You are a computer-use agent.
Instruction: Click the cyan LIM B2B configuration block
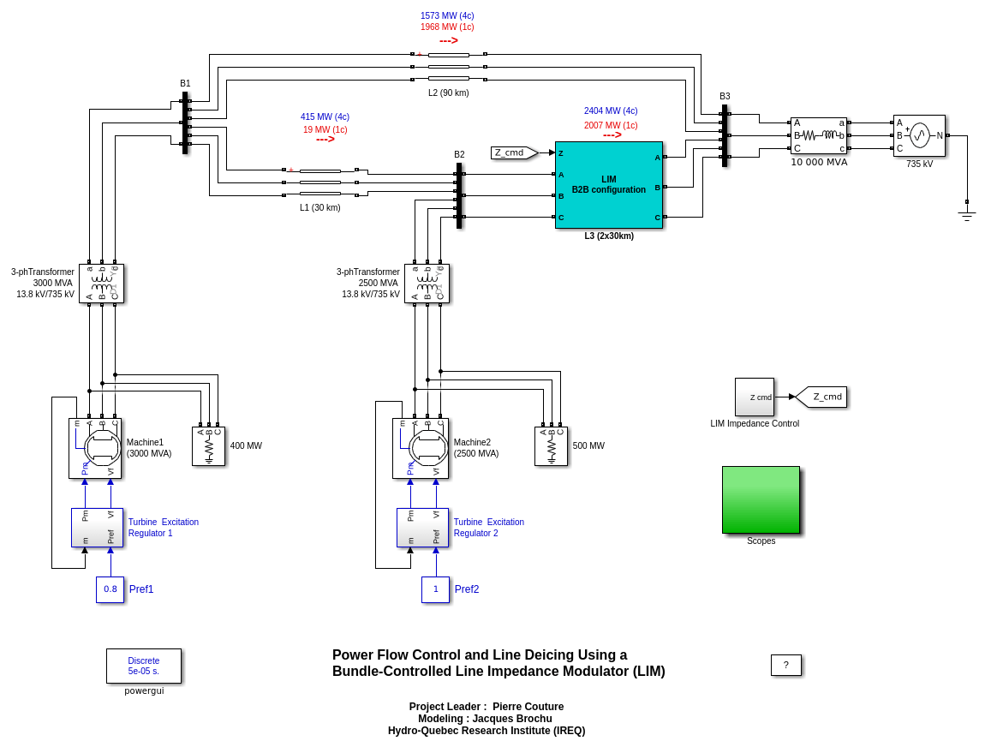tap(608, 184)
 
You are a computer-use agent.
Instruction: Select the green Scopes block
tap(761, 499)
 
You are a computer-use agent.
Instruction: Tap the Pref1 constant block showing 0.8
tap(110, 589)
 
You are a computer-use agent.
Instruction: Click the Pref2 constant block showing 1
tap(435, 589)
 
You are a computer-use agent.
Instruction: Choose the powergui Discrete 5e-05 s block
tap(144, 666)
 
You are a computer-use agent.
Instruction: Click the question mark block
tap(785, 665)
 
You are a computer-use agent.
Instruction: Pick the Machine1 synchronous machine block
tap(95, 448)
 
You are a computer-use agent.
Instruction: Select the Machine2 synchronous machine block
tap(420, 448)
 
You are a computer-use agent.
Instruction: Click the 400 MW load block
tap(208, 445)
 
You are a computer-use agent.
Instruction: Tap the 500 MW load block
tap(551, 445)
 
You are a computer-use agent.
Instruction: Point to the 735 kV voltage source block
tap(919, 135)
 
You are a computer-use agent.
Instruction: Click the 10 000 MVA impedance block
tap(818, 135)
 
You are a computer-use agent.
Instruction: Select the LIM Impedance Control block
tap(754, 397)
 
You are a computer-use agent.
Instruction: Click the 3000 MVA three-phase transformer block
tap(101, 284)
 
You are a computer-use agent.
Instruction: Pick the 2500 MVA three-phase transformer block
tap(427, 284)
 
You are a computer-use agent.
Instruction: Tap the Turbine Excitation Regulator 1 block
tap(97, 527)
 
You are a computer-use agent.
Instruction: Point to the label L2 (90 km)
tap(448, 93)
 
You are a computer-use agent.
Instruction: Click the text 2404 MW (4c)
tap(611, 111)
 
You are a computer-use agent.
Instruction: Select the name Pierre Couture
tap(528, 707)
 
